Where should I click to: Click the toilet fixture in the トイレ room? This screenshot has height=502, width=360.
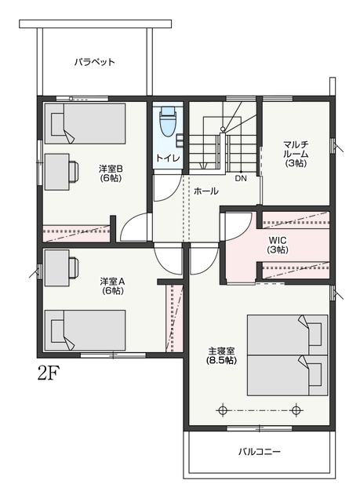coord(169,122)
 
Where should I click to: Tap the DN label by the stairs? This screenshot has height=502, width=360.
coord(241,179)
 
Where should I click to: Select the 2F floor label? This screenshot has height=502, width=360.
coord(49,373)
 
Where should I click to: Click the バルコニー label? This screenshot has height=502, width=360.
coord(259,452)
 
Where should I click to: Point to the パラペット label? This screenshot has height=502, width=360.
coord(94,62)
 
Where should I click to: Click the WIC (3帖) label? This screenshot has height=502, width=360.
coord(278,245)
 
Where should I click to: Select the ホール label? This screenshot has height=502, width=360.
coord(205,191)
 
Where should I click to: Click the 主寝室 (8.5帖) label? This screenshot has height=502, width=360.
coord(221,355)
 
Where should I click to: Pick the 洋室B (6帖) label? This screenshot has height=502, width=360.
coord(111,173)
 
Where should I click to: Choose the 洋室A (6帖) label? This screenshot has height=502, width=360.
coord(112,286)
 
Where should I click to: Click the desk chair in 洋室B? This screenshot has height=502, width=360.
coord(73,172)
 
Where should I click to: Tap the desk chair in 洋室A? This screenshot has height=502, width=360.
coord(73,267)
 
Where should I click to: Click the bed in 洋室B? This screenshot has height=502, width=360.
coord(85,123)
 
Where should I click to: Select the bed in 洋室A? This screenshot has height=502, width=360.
coord(85,330)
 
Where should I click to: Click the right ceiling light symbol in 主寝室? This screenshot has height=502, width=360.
coord(296,410)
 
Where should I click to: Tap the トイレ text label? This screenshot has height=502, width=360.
coord(168,158)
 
